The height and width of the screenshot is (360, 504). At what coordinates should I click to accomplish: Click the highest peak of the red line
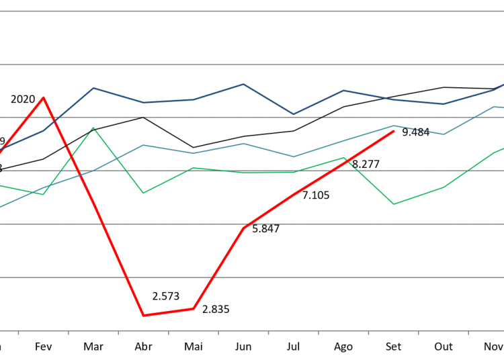point(44,97)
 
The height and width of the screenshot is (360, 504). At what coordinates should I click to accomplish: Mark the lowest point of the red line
point(143,315)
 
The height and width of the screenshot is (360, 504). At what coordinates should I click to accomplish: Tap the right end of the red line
point(394,132)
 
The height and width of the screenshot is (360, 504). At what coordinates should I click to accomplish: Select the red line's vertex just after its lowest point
point(194,308)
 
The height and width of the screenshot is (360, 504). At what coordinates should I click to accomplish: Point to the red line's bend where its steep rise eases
point(243,228)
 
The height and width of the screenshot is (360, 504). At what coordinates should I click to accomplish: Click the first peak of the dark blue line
point(93,88)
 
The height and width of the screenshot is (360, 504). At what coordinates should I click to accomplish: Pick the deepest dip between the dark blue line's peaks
point(293,114)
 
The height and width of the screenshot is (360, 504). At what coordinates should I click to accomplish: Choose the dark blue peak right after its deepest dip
point(343,90)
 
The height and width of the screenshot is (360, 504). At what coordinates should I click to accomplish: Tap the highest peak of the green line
point(93,128)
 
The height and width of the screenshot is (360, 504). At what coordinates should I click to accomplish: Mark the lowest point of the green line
point(394,204)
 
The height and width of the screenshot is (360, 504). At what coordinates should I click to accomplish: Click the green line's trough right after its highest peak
point(143,193)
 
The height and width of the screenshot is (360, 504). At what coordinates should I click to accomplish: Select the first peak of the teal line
point(143,144)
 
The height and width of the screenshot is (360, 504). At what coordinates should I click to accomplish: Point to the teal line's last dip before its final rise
point(444,134)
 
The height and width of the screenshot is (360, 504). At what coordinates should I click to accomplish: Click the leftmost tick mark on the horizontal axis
point(18,332)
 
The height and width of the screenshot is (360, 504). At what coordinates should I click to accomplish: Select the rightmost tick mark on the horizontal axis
point(468,332)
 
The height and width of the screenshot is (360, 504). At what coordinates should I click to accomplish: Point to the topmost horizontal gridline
point(252,11)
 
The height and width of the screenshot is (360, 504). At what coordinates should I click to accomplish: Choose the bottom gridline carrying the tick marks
point(252,330)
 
